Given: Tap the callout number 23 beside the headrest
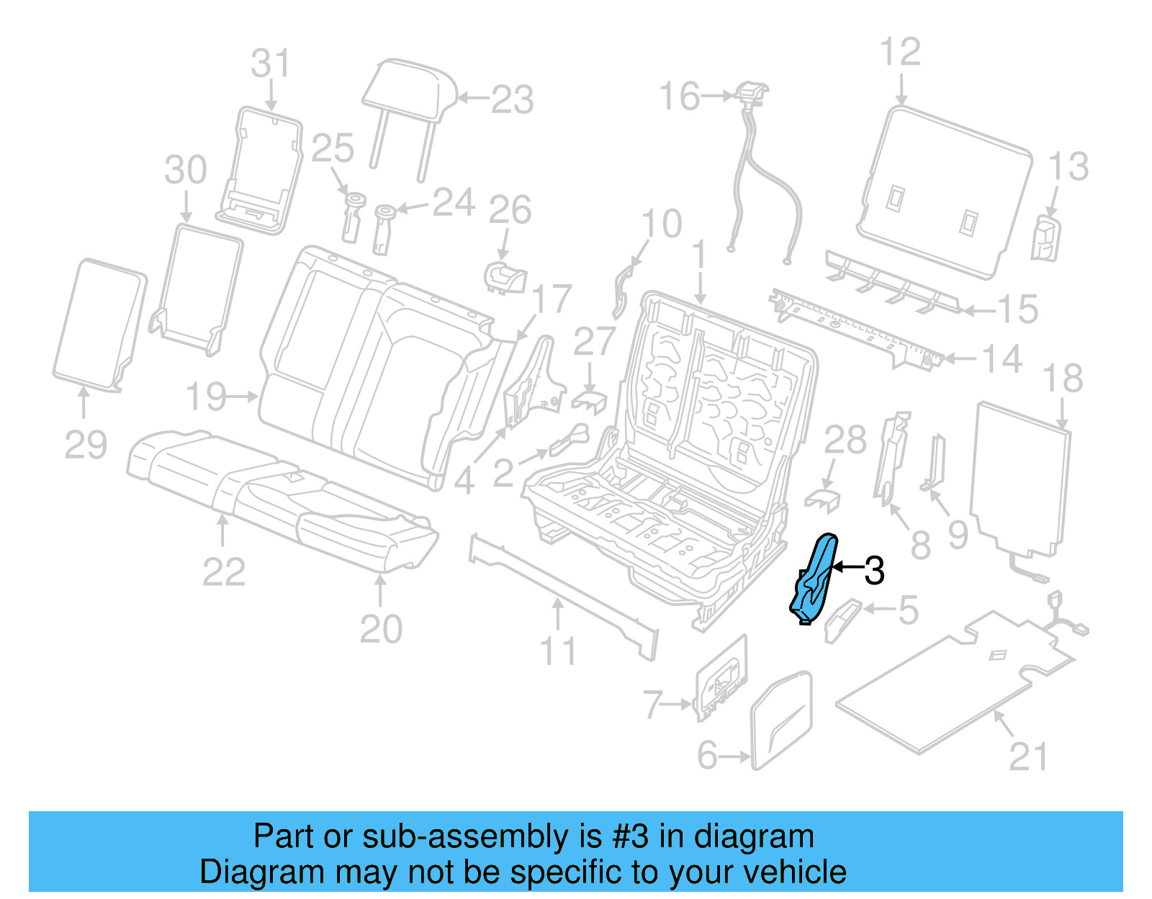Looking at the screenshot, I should click(512, 99).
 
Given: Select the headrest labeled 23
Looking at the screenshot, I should click(409, 91).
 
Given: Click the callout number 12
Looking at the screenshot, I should click(900, 53).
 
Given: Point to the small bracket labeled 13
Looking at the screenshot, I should click(1045, 238).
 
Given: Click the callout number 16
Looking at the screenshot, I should click(679, 96).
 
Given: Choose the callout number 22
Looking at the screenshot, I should click(224, 572).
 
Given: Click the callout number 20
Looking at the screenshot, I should click(381, 629).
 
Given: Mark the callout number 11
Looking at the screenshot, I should click(558, 651).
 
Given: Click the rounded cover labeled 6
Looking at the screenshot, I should click(781, 720).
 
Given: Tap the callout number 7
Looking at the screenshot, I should click(652, 704).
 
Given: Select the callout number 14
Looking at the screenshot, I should click(1002, 358).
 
